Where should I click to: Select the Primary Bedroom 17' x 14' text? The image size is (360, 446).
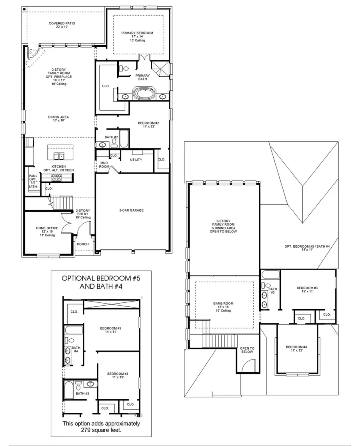click(x=137, y=36)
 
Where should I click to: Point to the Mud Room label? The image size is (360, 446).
click(x=104, y=164)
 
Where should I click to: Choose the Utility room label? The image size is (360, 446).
click(x=136, y=160)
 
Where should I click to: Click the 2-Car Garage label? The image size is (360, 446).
click(x=131, y=210)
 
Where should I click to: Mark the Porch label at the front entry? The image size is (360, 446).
click(x=83, y=244)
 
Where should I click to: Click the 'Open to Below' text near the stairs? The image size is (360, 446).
click(x=247, y=350)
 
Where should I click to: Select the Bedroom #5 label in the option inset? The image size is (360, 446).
click(x=110, y=330)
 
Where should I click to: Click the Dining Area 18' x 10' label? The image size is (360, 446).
click(x=59, y=119)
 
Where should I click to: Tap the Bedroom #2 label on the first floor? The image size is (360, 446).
click(x=148, y=124)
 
